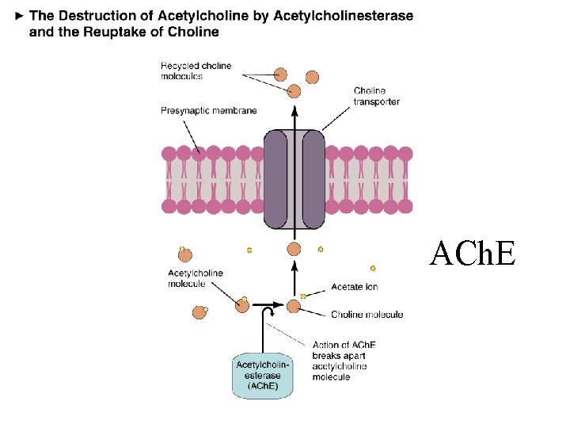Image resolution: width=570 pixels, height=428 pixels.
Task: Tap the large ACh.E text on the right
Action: pos(473,254)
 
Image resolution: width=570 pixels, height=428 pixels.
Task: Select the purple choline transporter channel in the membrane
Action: pos(294,178)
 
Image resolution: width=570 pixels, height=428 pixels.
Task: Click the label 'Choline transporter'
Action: pos(376,96)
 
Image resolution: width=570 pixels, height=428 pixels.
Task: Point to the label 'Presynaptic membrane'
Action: pos(209,111)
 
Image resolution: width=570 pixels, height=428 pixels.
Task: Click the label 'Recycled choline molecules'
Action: pos(196,71)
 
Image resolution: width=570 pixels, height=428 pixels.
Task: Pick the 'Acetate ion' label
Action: pos(355,286)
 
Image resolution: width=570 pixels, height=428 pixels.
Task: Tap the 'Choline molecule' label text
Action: pos(367,315)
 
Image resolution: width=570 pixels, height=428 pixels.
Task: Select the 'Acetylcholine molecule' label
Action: pos(196,278)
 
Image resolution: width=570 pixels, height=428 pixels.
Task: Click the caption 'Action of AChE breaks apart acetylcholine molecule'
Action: pos(344,361)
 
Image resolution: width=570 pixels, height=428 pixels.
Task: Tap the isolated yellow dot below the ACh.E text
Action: pos(373,268)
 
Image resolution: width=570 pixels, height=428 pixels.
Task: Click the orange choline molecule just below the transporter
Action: pos(294,249)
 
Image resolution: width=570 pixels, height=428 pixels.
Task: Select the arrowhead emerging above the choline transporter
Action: pos(294,113)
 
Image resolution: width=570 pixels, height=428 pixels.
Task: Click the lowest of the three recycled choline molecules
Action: pos(294,91)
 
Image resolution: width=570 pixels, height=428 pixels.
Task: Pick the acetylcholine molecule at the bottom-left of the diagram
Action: pos(199,312)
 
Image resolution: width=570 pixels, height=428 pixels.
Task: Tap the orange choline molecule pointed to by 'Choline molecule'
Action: pos(294,306)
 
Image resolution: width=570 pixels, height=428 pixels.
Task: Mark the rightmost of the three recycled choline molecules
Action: pos(312,77)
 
